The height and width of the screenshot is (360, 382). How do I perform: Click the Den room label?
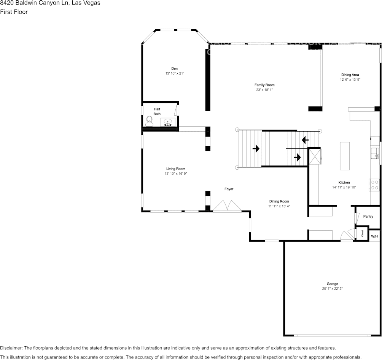[x=174, y=68]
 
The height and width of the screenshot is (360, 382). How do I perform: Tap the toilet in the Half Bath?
[x=149, y=121]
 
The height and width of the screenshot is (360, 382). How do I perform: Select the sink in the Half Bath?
[x=168, y=122]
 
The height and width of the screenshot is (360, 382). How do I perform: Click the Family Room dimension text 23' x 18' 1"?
[x=264, y=90]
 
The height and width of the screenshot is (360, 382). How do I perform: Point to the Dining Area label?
[x=350, y=75]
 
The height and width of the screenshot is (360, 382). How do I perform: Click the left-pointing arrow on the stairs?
[x=305, y=140]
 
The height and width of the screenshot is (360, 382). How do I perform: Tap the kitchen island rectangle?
[x=344, y=156]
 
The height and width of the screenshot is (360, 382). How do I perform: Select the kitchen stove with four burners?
[x=374, y=185]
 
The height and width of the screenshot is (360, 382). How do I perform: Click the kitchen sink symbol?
[x=375, y=153]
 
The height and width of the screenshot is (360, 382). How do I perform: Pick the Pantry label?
[x=368, y=217]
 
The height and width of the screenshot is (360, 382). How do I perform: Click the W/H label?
[x=374, y=236]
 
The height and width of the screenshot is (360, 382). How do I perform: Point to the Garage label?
[x=332, y=284]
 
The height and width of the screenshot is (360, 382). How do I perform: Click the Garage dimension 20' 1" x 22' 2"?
[x=332, y=289]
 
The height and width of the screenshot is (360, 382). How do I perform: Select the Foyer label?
[x=229, y=189]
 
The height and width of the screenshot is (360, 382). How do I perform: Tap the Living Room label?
[x=175, y=169]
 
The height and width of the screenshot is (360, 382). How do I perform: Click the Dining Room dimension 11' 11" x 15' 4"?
[x=279, y=206]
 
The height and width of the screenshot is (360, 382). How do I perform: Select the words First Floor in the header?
[x=14, y=12]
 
